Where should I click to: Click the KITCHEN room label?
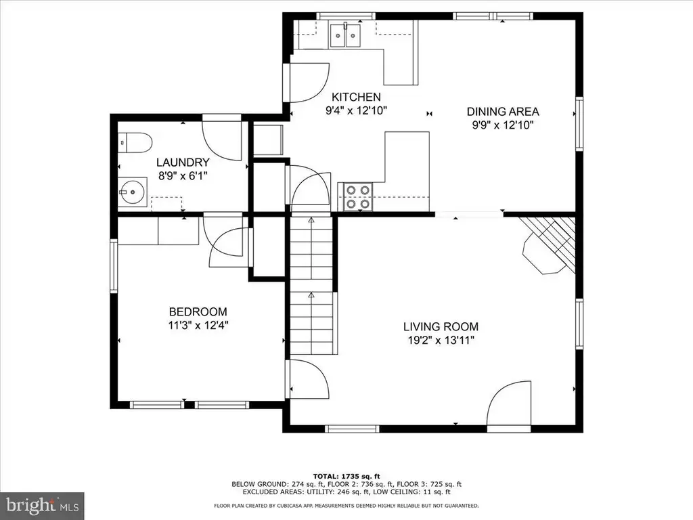coord(356,97)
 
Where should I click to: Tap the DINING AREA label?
coord(503,112)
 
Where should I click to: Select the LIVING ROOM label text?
coord(441,327)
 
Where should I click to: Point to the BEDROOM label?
coord(198,311)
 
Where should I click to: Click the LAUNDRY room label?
coord(183,162)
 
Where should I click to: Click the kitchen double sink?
coord(345,35)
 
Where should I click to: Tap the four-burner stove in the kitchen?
coord(357,197)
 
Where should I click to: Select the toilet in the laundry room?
coord(135,143)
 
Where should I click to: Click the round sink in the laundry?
coord(133,192)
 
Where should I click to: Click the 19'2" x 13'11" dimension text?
coord(441,341)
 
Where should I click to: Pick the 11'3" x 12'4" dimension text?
coord(198,326)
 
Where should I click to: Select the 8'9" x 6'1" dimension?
coord(183,176)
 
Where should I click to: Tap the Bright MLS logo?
coord(42,504)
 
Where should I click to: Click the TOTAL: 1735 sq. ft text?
coord(346,476)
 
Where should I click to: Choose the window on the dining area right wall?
coord(579,124)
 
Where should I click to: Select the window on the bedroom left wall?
coord(114,265)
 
